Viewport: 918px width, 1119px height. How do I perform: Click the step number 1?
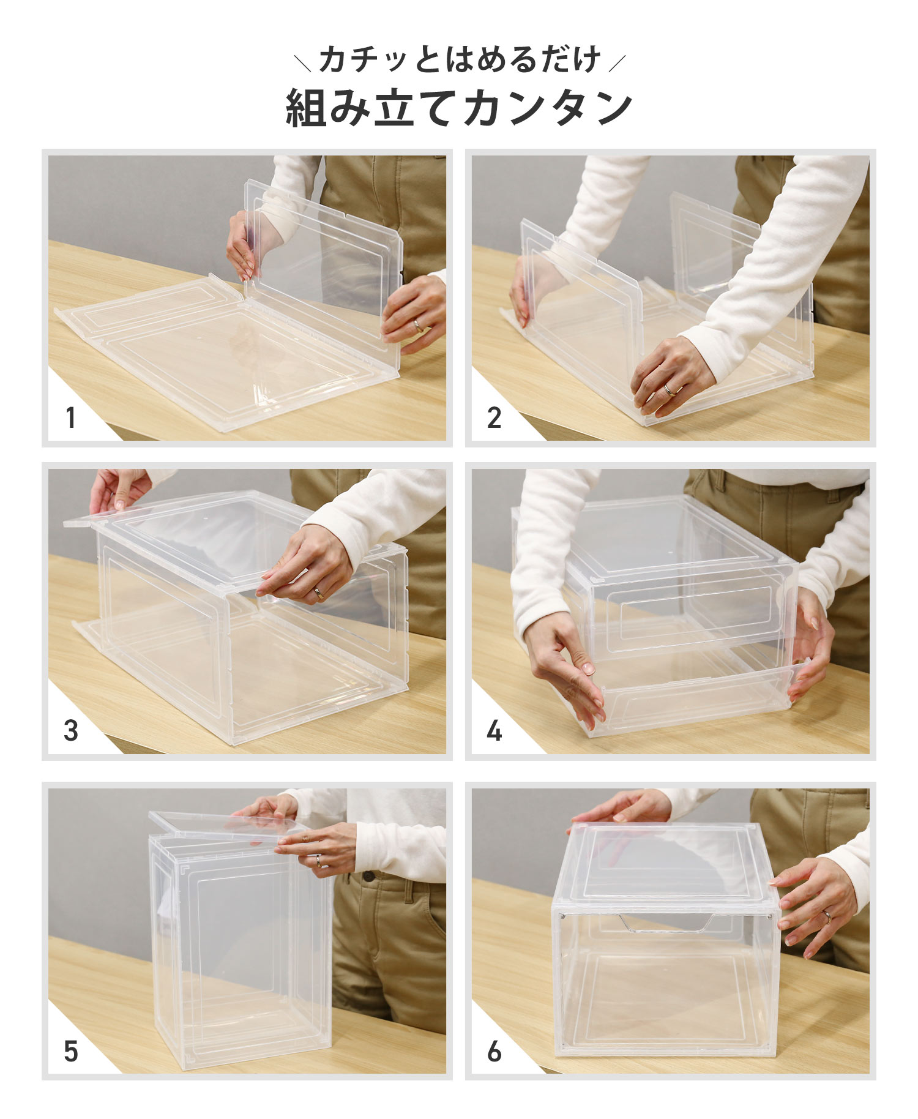click(71, 418)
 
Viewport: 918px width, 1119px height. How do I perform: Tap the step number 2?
click(494, 418)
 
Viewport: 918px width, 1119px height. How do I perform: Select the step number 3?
click(71, 731)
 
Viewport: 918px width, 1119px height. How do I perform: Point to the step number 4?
click(494, 731)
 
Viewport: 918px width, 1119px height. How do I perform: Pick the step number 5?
click(71, 1051)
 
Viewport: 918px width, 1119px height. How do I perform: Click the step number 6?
click(494, 1051)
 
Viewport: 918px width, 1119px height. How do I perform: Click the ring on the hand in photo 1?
click(418, 326)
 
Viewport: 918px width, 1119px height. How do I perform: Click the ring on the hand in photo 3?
click(319, 592)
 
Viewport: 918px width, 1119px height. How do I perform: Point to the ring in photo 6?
click(827, 916)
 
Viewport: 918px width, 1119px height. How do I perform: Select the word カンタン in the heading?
click(547, 108)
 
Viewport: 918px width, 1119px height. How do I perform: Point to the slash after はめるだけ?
click(617, 61)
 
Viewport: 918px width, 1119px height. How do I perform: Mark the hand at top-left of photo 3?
click(119, 490)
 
